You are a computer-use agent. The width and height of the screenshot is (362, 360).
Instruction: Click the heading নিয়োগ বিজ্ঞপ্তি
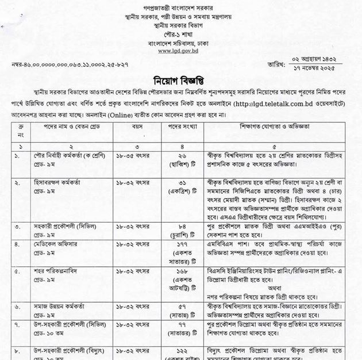pyautogui.click(x=182, y=78)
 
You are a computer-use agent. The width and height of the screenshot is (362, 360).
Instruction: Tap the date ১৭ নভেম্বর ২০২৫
pyautogui.click(x=325, y=68)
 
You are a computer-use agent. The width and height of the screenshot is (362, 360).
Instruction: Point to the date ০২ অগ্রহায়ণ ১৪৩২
pyautogui.click(x=325, y=58)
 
